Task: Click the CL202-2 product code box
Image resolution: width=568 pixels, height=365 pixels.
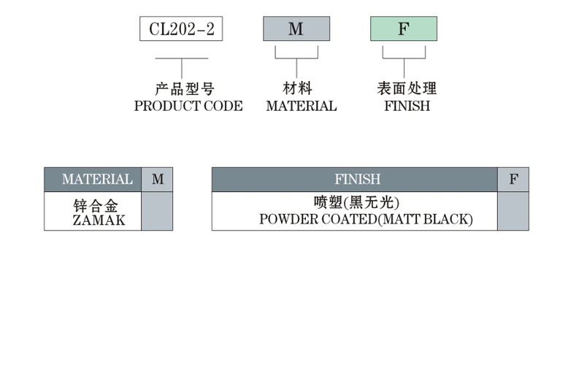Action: click(x=181, y=29)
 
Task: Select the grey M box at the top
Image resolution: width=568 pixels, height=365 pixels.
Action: click(x=296, y=29)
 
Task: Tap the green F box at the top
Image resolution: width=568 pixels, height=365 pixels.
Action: click(x=404, y=29)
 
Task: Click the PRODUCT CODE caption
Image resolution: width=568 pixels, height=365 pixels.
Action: click(x=188, y=106)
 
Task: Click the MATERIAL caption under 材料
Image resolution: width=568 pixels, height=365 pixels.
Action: click(x=301, y=106)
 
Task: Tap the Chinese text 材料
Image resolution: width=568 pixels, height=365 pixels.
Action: click(x=297, y=89)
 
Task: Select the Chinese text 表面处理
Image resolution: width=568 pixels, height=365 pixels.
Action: click(x=407, y=89)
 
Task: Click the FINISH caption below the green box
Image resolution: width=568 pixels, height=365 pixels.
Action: click(x=407, y=106)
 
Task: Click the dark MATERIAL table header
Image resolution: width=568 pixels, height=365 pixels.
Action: click(x=93, y=180)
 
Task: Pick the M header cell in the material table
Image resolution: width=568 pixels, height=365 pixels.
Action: click(x=157, y=180)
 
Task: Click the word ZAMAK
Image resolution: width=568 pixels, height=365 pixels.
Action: click(x=99, y=220)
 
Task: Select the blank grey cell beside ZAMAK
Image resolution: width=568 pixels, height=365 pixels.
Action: click(x=157, y=211)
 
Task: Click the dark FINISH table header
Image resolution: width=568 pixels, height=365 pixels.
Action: click(x=355, y=180)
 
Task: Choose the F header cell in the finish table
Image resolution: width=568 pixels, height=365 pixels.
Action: click(x=513, y=180)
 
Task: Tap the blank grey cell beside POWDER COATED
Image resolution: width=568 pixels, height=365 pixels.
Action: click(x=513, y=211)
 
